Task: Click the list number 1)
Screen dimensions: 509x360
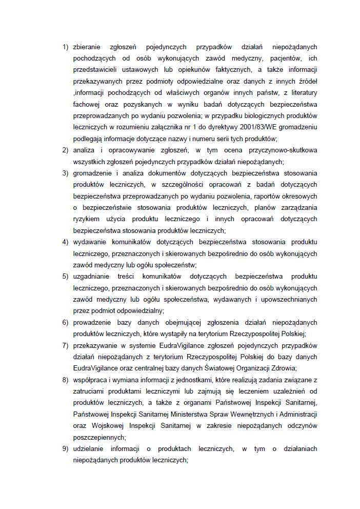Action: coord(65,47)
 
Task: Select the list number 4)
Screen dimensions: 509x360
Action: coord(65,242)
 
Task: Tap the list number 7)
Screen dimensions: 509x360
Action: coord(65,345)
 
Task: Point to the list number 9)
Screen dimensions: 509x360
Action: coord(65,449)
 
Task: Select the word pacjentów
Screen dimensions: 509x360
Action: coord(287,58)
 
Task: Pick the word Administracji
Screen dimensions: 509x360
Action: coord(298,414)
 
